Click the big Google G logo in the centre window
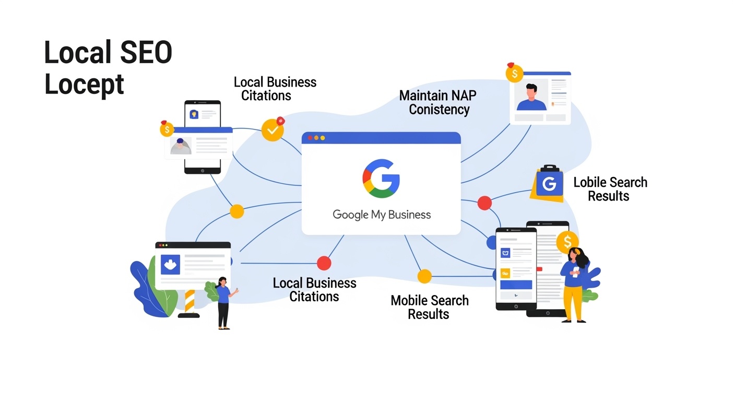coord(381,178)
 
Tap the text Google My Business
coord(382,215)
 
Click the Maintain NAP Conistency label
coord(438,102)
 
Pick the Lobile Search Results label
coord(610,189)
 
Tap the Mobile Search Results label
coord(429,307)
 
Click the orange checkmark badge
coord(272,129)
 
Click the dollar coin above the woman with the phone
coord(567,241)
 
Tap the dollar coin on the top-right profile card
coord(514,74)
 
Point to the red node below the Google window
coord(324,263)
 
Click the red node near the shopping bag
coord(484,203)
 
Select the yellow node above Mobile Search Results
coord(424,276)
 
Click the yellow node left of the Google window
coord(237,211)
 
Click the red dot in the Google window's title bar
coord(310,138)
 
